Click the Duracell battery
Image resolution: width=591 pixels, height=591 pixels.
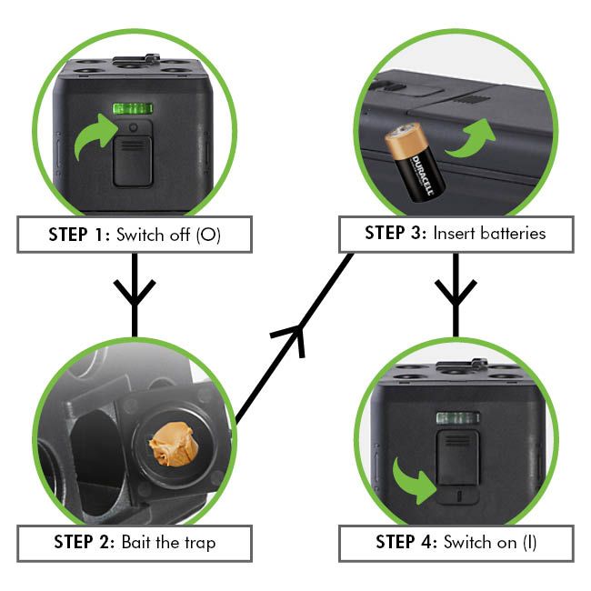click(x=415, y=162)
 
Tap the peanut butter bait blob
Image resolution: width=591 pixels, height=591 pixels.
click(x=174, y=444)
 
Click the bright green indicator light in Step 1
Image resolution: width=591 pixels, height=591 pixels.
click(x=133, y=108)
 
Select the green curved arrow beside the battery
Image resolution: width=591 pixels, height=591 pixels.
click(x=471, y=140)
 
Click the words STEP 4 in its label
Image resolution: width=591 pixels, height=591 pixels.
click(x=406, y=543)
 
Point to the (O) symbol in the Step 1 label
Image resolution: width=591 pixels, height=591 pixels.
click(x=208, y=235)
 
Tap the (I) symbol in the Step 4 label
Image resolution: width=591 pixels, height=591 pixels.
click(x=529, y=543)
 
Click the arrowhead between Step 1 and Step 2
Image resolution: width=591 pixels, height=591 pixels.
click(x=135, y=293)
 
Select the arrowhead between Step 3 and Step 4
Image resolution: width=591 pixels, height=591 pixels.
click(x=456, y=293)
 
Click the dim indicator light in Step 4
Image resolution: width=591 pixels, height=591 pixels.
click(x=458, y=418)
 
